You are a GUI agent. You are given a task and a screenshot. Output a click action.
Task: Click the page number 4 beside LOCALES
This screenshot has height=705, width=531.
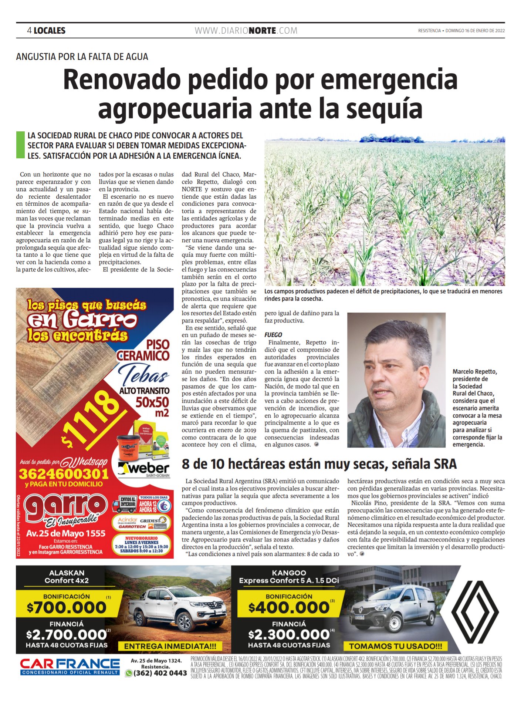click(x=29, y=31)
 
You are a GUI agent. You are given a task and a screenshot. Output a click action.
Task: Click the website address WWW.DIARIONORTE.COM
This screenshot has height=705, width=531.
click(x=246, y=31)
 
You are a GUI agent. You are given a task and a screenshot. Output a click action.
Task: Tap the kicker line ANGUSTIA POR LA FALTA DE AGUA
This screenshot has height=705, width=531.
click(x=82, y=57)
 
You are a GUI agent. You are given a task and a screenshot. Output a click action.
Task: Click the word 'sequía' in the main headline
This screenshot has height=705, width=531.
click(x=384, y=109)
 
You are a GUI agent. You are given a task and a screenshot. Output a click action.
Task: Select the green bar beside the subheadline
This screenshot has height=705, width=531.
click(x=20, y=145)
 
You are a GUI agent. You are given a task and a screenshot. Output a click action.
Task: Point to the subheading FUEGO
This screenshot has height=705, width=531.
click(x=273, y=335)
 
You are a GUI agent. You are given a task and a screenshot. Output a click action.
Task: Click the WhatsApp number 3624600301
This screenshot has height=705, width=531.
click(x=64, y=474)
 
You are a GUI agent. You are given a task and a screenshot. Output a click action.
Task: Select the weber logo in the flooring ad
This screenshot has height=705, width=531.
click(x=144, y=469)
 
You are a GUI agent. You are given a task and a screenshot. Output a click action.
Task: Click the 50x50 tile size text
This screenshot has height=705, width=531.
click(x=152, y=402)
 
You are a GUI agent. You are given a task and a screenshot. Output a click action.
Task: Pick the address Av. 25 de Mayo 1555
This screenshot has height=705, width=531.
click(x=66, y=533)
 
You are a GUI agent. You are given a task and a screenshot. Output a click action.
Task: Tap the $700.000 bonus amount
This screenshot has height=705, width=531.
click(x=67, y=607)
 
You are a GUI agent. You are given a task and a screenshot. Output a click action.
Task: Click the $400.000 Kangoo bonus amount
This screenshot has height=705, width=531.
click(x=289, y=607)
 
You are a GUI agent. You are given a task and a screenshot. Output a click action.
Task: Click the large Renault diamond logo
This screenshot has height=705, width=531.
click(x=475, y=612)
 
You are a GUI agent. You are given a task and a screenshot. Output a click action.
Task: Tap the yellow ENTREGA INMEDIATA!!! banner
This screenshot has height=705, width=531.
click(x=170, y=646)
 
